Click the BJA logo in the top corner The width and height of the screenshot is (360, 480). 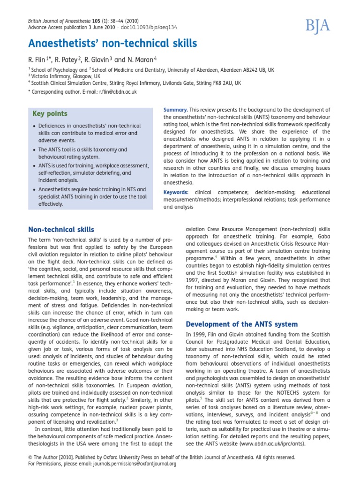point(319,27)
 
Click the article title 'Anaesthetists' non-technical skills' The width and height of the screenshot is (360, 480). point(112,44)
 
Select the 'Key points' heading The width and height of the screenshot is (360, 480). point(50,114)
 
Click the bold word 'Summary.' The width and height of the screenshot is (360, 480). point(175,110)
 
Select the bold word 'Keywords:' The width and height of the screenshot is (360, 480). point(176,192)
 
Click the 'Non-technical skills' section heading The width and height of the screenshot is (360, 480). point(61,230)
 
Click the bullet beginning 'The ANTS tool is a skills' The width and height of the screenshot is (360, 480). point(83,153)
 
